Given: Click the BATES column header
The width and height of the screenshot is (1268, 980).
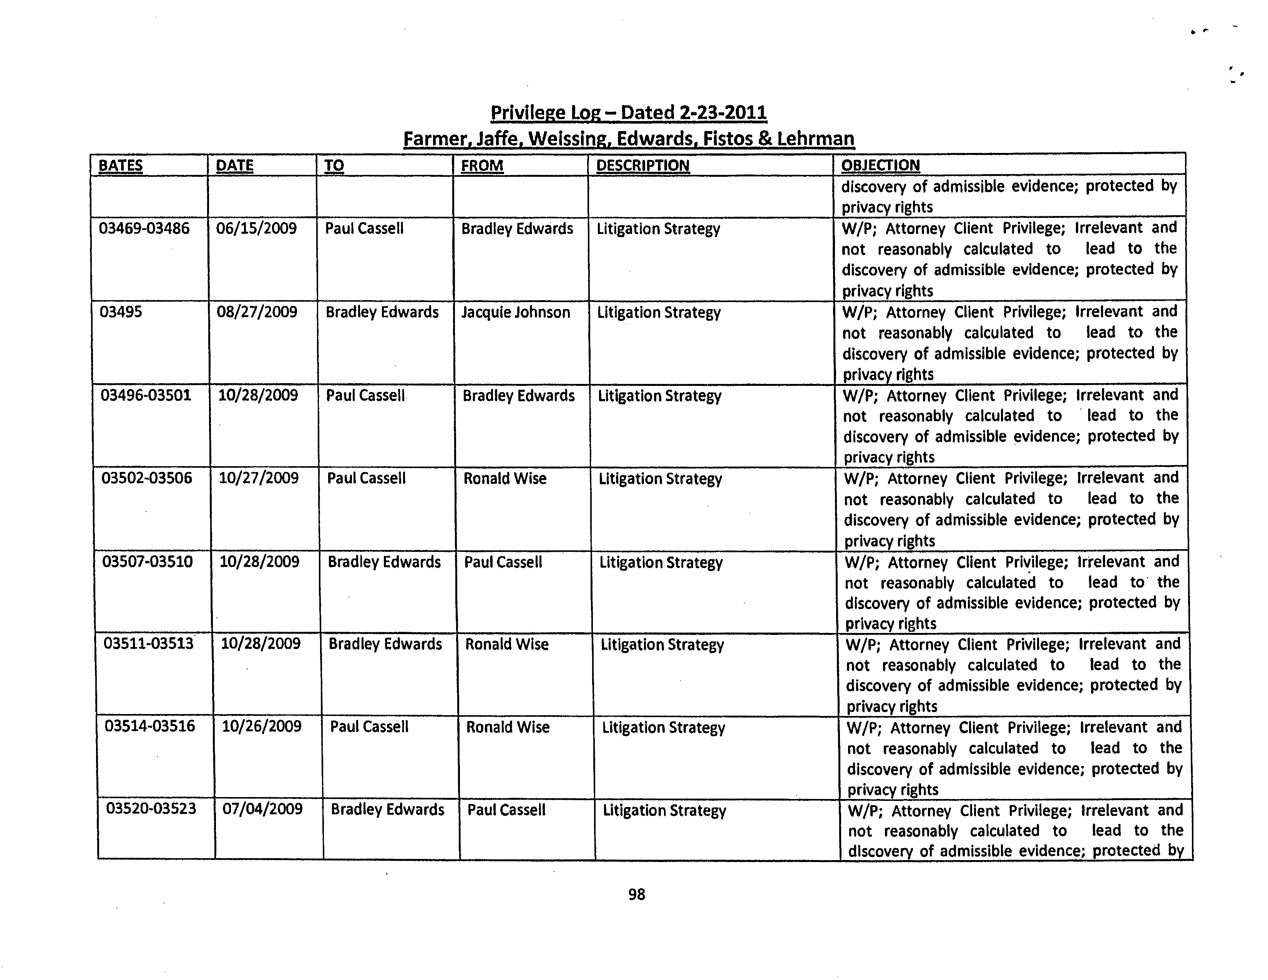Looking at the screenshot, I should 120,166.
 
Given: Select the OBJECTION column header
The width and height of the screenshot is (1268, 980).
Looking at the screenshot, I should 880,166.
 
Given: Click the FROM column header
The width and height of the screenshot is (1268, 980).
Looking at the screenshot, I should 482,166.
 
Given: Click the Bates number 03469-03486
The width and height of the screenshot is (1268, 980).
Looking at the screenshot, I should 144,228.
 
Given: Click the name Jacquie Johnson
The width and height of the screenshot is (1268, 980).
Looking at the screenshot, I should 516,312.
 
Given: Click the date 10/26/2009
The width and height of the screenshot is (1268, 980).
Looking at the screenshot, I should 261,726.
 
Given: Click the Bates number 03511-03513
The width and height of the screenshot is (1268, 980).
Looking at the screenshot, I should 149,644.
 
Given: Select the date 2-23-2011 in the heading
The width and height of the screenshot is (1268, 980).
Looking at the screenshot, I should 722,112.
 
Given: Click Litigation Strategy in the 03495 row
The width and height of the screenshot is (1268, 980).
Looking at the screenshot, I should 659,312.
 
